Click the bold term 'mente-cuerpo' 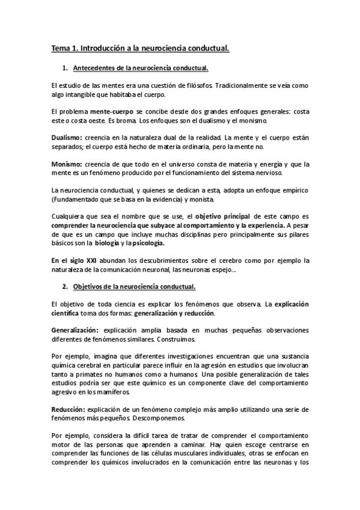(112, 112)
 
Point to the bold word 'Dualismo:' (67, 138)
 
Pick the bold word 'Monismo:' (66, 164)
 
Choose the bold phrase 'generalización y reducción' (172, 313)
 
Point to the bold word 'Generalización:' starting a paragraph (75, 331)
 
